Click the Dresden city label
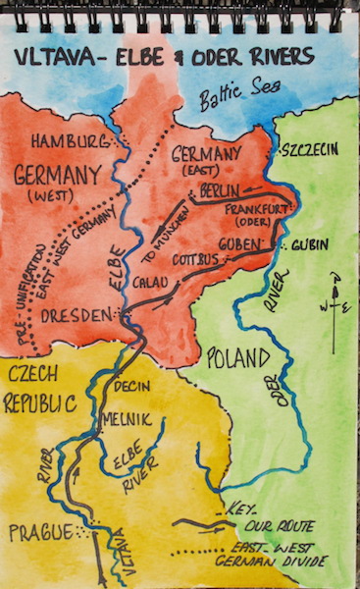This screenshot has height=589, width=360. (77, 317)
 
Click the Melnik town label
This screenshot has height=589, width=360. (126, 418)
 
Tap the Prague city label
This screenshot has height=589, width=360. (40, 532)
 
